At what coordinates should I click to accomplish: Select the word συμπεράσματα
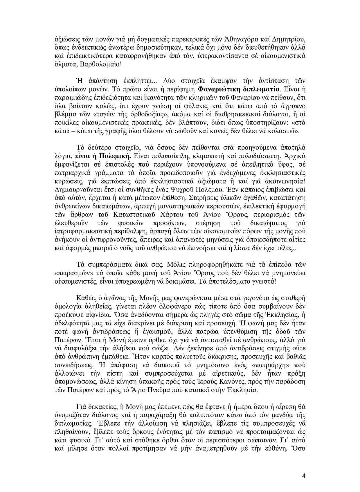point(109,265)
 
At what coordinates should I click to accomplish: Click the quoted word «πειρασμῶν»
point(71,273)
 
